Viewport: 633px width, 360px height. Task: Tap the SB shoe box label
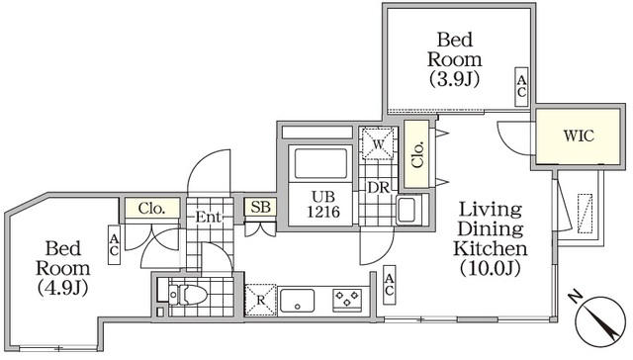coord(261,207)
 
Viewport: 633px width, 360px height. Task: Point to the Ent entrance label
coord(209,217)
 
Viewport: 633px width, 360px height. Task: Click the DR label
coord(377,185)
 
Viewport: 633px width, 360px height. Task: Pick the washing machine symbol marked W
coord(376,145)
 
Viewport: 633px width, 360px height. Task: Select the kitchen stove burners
coord(346,296)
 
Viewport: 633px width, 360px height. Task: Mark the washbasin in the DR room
coord(408,210)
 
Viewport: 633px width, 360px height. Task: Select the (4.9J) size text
coord(63,288)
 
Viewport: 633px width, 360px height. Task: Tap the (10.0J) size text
coord(490,268)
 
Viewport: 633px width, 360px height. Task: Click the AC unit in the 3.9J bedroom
coord(520,86)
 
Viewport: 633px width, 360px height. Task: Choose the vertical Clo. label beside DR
coord(415,144)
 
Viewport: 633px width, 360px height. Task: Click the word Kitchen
coord(490,247)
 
